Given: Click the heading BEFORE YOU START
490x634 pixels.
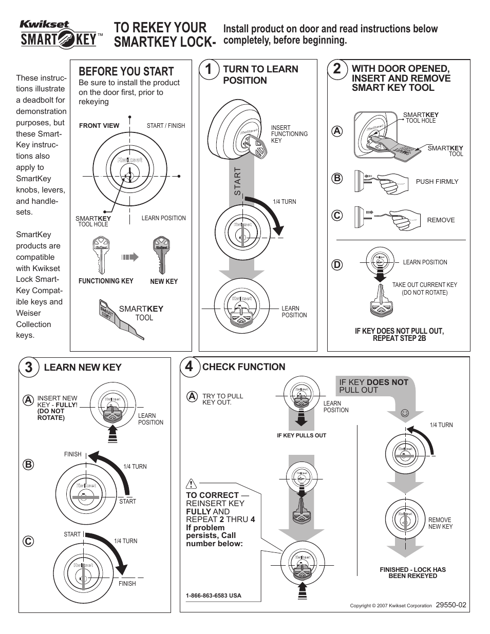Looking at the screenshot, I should [x=126, y=71].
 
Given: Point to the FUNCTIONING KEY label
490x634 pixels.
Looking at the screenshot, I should [x=105, y=281].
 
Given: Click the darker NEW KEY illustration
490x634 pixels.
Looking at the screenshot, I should [x=162, y=255].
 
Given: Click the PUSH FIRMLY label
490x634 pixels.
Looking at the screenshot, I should [x=437, y=181].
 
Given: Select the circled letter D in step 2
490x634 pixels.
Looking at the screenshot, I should [x=337, y=265].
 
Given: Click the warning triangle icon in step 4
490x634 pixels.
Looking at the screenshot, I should [x=192, y=483].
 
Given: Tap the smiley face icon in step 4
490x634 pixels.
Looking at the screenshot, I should [x=405, y=413].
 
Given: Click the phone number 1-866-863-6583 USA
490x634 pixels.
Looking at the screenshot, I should [x=213, y=596].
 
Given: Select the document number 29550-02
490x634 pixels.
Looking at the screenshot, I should [x=450, y=605].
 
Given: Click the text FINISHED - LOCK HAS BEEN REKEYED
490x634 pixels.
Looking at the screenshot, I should [x=412, y=572].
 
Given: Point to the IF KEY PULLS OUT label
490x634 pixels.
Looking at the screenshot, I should [x=301, y=435].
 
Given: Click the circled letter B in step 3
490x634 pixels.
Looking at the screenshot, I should [x=27, y=465].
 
